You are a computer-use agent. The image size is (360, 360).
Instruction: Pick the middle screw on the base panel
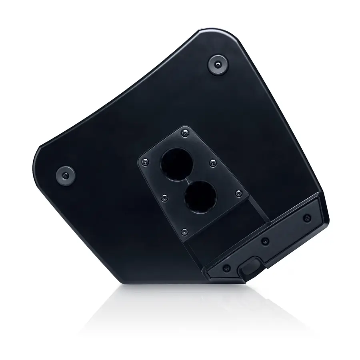[x=264, y=241]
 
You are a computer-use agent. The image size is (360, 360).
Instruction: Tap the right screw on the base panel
[x=307, y=218]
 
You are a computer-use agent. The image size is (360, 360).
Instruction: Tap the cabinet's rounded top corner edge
[x=212, y=33]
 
